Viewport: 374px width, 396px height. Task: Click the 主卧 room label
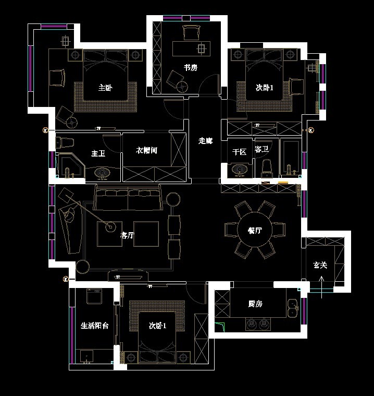tap(105, 88)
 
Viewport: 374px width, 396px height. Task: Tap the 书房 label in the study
tap(191, 67)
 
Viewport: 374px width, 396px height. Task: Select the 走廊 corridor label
tap(205, 141)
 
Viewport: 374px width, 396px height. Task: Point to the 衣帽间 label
tap(146, 150)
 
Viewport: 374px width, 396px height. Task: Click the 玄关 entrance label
tap(320, 265)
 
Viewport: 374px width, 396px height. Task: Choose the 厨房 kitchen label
tap(255, 304)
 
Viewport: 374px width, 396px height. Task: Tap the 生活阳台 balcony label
tap(95, 326)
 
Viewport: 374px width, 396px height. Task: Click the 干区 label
tap(239, 152)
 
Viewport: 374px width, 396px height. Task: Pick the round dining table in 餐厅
tap(255, 230)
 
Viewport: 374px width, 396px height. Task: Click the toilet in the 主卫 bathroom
tap(65, 142)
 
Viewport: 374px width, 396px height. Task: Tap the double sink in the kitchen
tap(293, 308)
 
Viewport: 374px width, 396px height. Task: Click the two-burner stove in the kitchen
tap(258, 324)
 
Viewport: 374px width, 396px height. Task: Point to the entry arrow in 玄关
tap(321, 287)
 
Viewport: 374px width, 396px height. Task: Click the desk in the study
tap(191, 49)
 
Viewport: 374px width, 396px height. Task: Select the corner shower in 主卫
tap(71, 165)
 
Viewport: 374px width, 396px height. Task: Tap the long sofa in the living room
tap(128, 197)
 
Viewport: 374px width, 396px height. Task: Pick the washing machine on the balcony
tap(94, 296)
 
